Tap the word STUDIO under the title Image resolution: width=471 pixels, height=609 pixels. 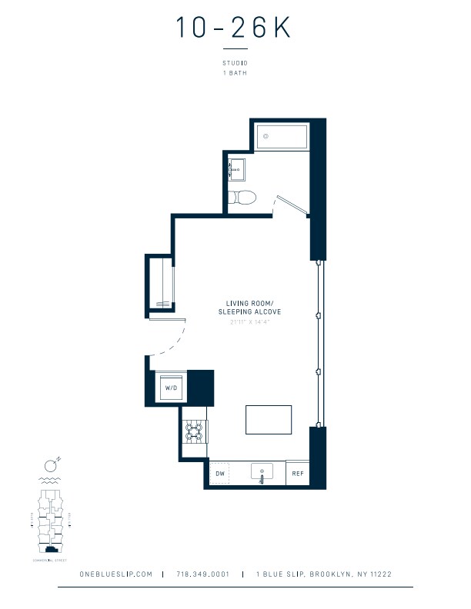click(x=234, y=64)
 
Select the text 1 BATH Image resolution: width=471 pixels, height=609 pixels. click(x=234, y=73)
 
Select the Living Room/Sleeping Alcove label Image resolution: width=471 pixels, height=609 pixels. click(x=253, y=308)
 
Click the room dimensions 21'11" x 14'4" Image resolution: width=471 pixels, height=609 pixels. click(x=253, y=322)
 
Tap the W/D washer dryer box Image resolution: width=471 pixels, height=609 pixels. click(x=171, y=388)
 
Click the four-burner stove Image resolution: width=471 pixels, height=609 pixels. click(x=194, y=432)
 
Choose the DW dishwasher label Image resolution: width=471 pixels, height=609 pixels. click(x=220, y=474)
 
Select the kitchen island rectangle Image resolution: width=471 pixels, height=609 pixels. click(x=269, y=420)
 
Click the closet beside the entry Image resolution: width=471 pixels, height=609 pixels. click(x=162, y=285)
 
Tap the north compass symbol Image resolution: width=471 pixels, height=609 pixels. click(x=52, y=464)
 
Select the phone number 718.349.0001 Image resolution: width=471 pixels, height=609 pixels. click(x=202, y=574)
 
